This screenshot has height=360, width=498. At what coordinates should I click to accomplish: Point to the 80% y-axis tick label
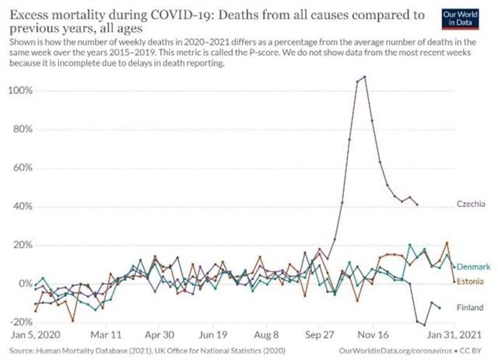[21, 129]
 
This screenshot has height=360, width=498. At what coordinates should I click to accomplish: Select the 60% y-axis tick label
[21, 168]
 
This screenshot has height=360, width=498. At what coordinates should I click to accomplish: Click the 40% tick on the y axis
[21, 207]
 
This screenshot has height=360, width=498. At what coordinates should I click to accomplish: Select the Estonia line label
[471, 280]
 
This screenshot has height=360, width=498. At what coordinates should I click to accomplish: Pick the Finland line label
[470, 308]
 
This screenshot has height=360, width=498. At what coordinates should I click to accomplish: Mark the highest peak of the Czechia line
[364, 77]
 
